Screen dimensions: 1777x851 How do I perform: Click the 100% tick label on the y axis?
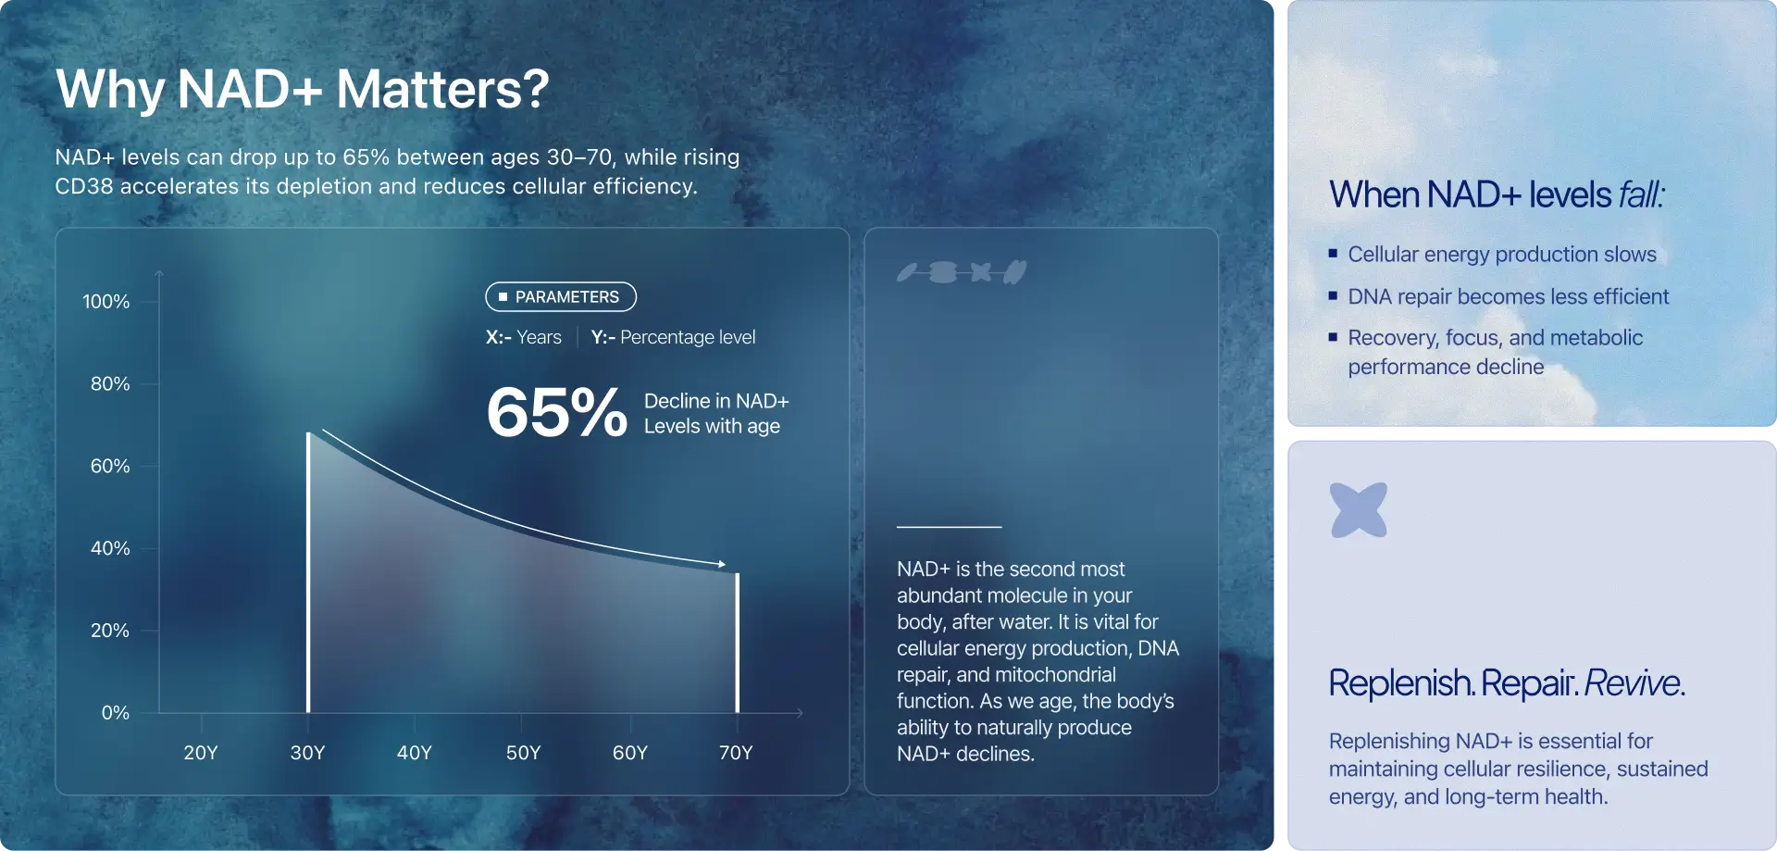pos(106,301)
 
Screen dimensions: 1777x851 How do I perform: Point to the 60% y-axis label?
pos(110,466)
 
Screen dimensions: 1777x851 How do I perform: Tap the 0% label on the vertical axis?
pos(116,712)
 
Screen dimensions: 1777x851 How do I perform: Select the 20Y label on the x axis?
pos(201,752)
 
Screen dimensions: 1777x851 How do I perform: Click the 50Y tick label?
pos(523,752)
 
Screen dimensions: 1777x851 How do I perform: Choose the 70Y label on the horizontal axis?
pos(736,752)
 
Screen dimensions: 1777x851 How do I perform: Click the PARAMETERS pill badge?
pos(561,296)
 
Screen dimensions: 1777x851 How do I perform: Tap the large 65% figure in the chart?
pos(557,412)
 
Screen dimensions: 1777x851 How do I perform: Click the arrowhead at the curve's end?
pos(722,563)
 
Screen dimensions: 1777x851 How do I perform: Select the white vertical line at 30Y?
pos(308,572)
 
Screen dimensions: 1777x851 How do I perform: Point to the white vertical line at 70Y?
pos(738,643)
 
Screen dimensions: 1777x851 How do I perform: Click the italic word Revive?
pos(1632,682)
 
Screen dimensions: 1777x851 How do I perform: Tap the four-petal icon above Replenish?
pos(1359,509)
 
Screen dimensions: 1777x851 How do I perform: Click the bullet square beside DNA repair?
pos(1333,295)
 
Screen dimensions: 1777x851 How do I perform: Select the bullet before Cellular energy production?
pos(1333,253)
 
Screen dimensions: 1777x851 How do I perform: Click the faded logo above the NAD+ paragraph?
pos(962,272)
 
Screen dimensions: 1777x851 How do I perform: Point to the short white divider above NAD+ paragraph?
pos(949,527)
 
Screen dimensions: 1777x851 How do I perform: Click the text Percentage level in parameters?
pos(688,337)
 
